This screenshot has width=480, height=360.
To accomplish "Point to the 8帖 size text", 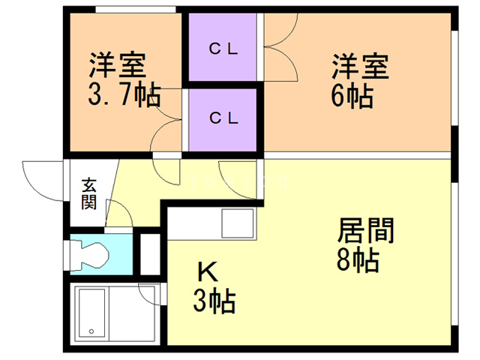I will point(357,260).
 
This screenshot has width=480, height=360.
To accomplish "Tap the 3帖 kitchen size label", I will point(214,301).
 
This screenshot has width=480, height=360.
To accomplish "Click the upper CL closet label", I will point(223,50).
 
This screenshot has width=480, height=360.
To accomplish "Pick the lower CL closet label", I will point(223,118).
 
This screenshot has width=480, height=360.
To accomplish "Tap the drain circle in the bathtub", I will point(91,331).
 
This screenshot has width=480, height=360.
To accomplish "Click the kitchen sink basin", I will point(238,222).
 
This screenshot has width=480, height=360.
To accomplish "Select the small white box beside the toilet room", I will point(150,255).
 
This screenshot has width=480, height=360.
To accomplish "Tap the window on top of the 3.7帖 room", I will point(134,9).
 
